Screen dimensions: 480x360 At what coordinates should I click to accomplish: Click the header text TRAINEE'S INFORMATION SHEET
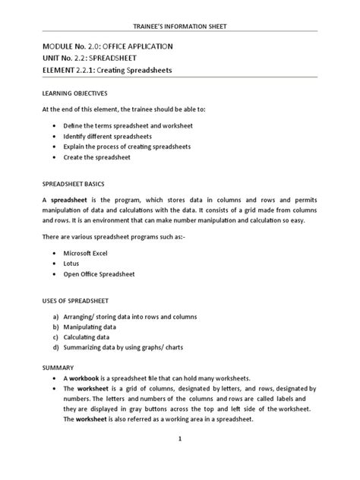point(180,27)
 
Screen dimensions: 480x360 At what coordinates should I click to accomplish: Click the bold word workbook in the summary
point(88,378)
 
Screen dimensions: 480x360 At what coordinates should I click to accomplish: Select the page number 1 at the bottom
point(180,439)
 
